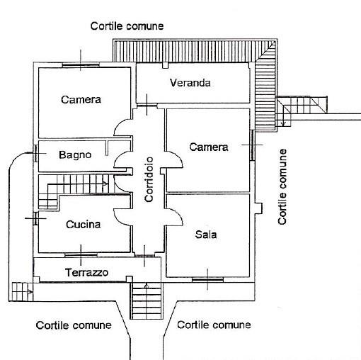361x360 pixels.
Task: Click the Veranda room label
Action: click(x=190, y=83)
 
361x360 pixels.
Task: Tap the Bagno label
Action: click(x=75, y=155)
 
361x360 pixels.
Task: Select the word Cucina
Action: click(x=83, y=225)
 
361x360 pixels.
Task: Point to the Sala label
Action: click(x=206, y=235)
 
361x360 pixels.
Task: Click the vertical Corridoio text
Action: click(x=149, y=179)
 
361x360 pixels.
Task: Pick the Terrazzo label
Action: click(x=86, y=272)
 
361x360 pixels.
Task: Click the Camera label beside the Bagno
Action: click(x=81, y=99)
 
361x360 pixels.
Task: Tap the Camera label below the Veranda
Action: click(x=209, y=147)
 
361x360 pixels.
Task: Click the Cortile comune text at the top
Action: click(x=127, y=26)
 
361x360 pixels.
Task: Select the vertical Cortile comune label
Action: click(x=282, y=186)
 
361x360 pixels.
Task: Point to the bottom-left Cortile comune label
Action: click(x=74, y=325)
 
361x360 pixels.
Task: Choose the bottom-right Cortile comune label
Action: click(x=214, y=325)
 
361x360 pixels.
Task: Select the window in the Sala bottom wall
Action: click(x=207, y=280)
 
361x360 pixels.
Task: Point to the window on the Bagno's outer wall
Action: click(x=35, y=153)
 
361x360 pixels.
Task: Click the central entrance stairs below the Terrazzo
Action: click(x=147, y=300)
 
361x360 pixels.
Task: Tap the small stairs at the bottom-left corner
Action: click(x=22, y=292)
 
